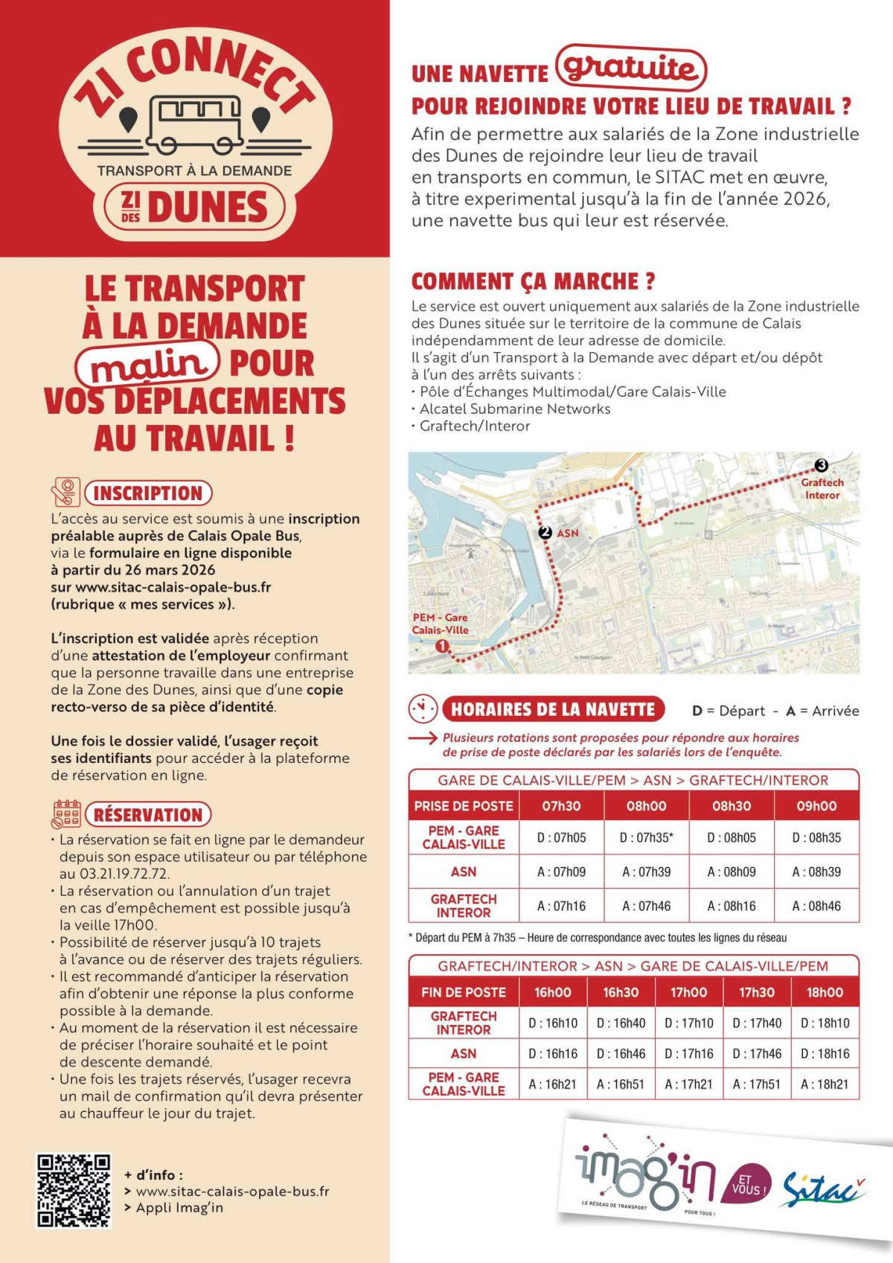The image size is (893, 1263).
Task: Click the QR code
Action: (74, 1190)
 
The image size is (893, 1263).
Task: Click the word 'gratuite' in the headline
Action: (630, 68)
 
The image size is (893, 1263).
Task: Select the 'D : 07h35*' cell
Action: (647, 837)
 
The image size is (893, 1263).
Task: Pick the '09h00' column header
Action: (816, 806)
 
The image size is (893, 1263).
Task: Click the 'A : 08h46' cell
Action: (816, 906)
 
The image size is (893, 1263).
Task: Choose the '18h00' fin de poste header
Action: (825, 992)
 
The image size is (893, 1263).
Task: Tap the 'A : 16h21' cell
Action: (552, 1084)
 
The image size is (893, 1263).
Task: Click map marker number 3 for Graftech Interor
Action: (821, 465)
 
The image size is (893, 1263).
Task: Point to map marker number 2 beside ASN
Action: (545, 533)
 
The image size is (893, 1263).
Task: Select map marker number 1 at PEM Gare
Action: (442, 646)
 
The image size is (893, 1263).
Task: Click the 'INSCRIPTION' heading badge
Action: (148, 493)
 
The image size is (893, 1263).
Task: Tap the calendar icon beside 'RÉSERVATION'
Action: (66, 815)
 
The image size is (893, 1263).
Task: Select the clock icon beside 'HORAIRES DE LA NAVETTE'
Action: (423, 709)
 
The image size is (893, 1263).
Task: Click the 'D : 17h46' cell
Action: (757, 1054)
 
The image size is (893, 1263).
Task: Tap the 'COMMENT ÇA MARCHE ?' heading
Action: (533, 282)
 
